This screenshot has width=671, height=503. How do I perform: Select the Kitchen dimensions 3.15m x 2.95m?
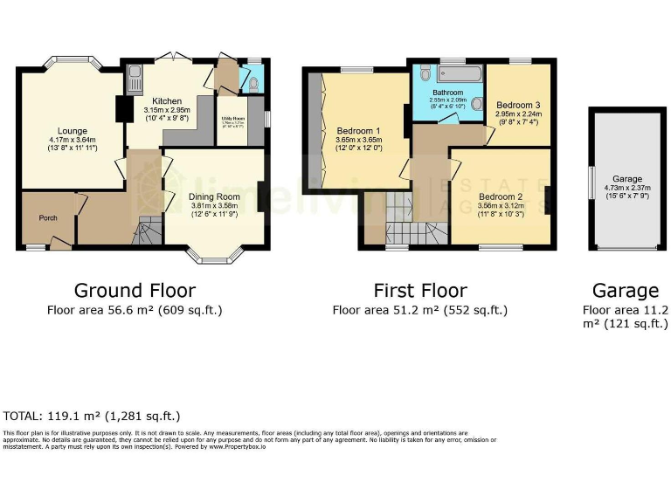coord(166,111)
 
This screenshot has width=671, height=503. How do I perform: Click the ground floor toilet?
coord(253,84)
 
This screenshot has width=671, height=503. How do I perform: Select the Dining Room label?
coord(214,196)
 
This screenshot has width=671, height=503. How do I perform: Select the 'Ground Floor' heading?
coord(135,290)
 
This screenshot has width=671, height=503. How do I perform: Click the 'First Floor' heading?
coord(420,290)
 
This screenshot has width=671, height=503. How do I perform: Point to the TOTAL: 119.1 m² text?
coord(92,417)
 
